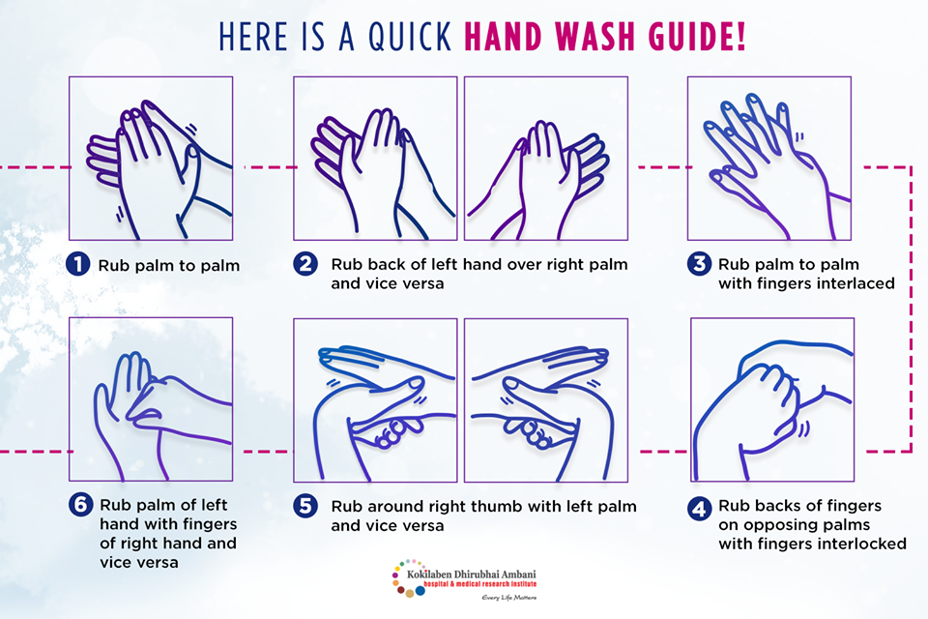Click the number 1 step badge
tap(77, 264)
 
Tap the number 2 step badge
tap(305, 264)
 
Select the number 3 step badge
tap(699, 264)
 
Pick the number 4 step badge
tap(699, 509)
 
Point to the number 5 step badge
tap(305, 507)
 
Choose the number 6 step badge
tap(80, 505)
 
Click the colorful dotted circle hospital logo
tap(408, 578)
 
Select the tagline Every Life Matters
tap(509, 597)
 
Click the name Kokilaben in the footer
tap(429, 574)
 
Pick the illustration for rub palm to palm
tap(151, 159)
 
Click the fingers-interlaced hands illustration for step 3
tap(768, 159)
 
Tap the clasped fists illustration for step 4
tap(772, 399)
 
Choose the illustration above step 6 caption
tap(151, 399)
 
